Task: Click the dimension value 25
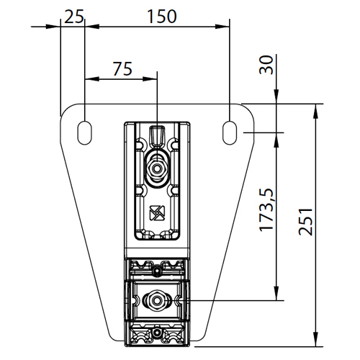74,17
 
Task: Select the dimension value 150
161,17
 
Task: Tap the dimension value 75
122,68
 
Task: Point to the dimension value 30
266,65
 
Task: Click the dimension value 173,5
266,210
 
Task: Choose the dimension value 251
305,221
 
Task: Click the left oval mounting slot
84,132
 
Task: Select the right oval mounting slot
230,132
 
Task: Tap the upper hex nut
157,168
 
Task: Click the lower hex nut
157,300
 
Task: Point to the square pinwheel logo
157,213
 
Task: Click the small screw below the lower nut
157,333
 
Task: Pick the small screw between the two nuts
157,271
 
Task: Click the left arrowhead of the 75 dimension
92,78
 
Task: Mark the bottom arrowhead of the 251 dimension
316,339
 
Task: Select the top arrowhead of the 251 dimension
316,111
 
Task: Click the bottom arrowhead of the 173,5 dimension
276,293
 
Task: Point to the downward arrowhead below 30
276,96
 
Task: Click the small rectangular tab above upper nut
157,135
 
